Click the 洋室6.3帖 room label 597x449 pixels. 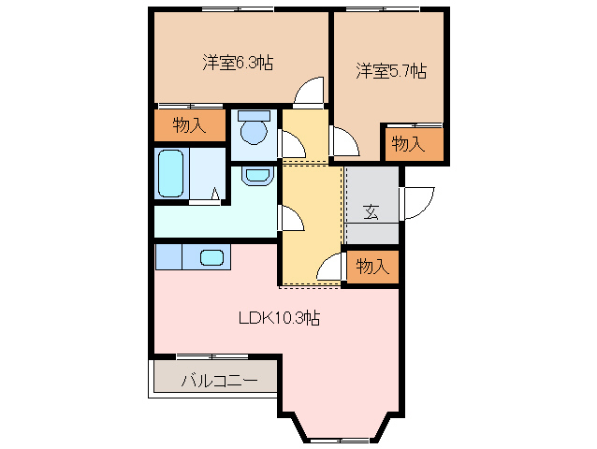[238, 64]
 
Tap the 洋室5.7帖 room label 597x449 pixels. [391, 71]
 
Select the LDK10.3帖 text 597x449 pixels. [279, 318]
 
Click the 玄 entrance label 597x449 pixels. [371, 212]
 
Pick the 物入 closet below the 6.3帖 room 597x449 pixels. [189, 126]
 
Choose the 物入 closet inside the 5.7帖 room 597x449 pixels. [408, 143]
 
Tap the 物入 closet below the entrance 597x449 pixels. [371, 267]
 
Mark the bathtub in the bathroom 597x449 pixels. [170, 174]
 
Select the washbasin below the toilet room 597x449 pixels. [255, 174]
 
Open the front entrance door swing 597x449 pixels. [418, 201]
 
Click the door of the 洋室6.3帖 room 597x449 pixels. [309, 94]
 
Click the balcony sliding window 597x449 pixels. [198, 356]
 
